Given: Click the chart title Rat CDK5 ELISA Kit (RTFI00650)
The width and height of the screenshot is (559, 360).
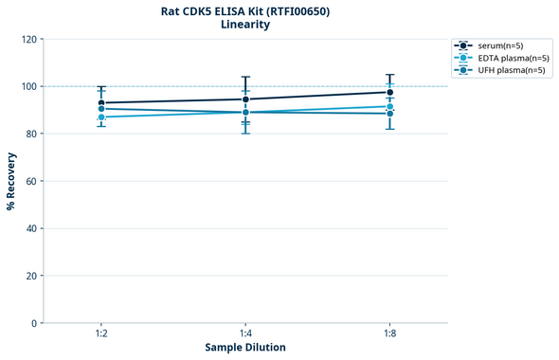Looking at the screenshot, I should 245,11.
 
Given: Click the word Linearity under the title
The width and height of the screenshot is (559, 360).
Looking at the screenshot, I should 245,26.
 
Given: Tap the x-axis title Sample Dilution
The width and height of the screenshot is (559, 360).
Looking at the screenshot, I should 245,348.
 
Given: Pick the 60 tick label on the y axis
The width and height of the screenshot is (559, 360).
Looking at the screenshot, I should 30,181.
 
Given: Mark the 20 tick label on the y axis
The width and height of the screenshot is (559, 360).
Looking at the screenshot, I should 30,276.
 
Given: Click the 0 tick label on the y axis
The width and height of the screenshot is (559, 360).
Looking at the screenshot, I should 33,323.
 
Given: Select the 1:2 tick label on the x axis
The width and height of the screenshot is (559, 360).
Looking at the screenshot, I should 101,334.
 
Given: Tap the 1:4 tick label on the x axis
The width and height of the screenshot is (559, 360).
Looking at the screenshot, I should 245,334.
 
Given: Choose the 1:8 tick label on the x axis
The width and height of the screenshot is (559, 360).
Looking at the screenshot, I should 389,334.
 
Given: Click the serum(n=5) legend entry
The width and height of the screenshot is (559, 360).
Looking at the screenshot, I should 498,45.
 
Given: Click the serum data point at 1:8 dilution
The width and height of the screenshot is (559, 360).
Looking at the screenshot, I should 389,92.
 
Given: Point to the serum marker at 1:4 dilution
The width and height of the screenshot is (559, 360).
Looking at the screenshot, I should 245,99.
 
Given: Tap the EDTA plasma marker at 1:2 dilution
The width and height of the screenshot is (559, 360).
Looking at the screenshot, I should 101,117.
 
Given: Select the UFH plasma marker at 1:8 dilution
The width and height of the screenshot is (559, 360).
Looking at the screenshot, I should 389,114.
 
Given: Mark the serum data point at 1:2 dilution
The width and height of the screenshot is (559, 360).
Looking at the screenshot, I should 101,102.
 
